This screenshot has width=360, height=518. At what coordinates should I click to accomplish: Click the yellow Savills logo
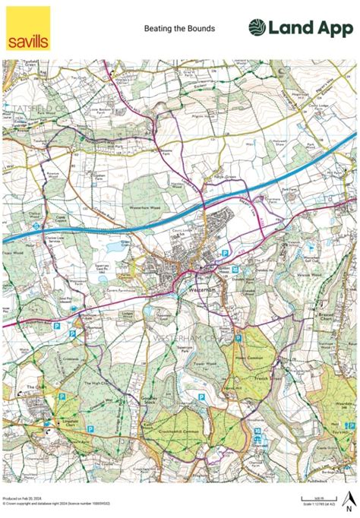point(28,29)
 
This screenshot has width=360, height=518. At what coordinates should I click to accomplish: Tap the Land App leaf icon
point(259,28)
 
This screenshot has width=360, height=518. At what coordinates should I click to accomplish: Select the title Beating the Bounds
point(179,29)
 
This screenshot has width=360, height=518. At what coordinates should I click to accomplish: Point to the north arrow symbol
point(348,499)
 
